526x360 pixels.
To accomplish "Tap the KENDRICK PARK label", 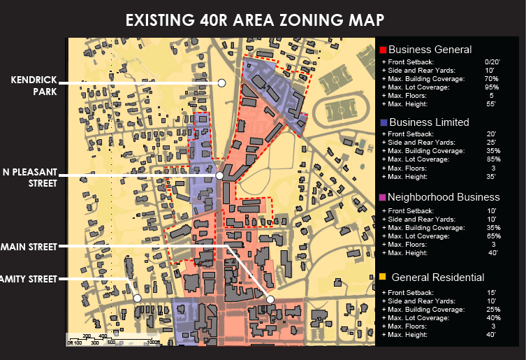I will [x=34, y=85].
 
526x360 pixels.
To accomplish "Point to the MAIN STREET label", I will [x=29, y=246].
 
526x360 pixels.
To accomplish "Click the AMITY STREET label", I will [x=29, y=279].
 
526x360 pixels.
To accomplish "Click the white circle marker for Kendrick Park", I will [x=221, y=83].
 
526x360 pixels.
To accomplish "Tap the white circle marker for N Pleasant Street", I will [x=219, y=176].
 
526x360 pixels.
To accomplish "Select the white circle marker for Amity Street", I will [x=138, y=298].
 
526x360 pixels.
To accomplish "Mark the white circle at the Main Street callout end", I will [x=270, y=299].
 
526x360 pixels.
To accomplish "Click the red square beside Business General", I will [x=383, y=50].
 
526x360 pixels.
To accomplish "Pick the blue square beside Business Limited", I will [x=383, y=122].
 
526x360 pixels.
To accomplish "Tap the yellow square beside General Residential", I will [x=383, y=278].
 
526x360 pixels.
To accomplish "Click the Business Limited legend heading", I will [x=429, y=122].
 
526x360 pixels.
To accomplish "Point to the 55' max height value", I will [x=490, y=104].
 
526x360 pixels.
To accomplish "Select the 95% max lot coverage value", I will [x=490, y=87].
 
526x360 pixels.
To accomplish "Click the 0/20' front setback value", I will [x=490, y=62].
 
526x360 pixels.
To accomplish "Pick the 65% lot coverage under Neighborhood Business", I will [x=490, y=236].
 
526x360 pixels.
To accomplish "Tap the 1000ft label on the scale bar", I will [x=153, y=343].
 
